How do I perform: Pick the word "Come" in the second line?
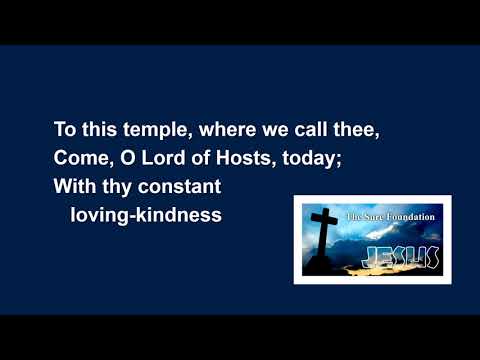79,158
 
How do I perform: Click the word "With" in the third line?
73,186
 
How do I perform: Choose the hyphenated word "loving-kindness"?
145,215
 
